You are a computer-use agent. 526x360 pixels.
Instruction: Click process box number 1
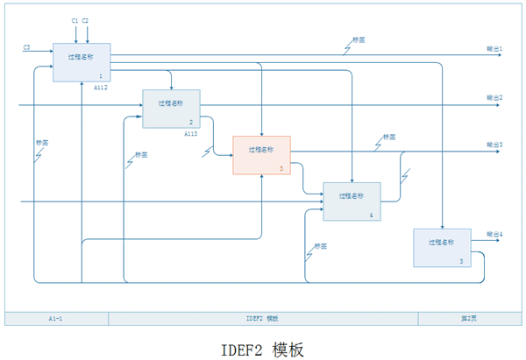pyautogui.click(x=82, y=62)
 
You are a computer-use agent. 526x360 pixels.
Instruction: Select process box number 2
pyautogui.click(x=171, y=109)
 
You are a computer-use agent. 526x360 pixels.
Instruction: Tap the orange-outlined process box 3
pyautogui.click(x=260, y=155)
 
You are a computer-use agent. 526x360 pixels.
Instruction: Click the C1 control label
pyautogui.click(x=75, y=19)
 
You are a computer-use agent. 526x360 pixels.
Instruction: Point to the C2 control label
pyautogui.click(x=86, y=19)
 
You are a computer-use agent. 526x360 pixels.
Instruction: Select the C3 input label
pyautogui.click(x=27, y=46)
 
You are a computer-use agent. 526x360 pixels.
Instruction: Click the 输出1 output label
pyautogui.click(x=494, y=49)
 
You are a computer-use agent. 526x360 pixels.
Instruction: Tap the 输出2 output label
pyautogui.click(x=494, y=97)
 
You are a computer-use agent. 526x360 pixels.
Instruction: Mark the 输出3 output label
pyautogui.click(x=494, y=145)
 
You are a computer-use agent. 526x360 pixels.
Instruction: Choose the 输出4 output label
pyautogui.click(x=494, y=235)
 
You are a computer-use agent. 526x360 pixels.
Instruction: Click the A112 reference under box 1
pyautogui.click(x=101, y=88)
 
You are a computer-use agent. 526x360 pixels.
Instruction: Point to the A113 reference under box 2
pyautogui.click(x=191, y=134)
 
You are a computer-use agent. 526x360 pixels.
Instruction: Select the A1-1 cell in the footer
pyautogui.click(x=56, y=318)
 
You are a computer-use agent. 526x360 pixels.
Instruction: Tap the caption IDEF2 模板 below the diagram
pyautogui.click(x=263, y=349)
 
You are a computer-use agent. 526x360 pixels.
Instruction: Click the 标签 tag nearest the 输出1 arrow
pyautogui.click(x=359, y=40)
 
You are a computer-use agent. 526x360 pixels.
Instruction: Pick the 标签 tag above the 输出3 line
pyautogui.click(x=389, y=138)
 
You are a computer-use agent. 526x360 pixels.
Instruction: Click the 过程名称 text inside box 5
pyautogui.click(x=440, y=242)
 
